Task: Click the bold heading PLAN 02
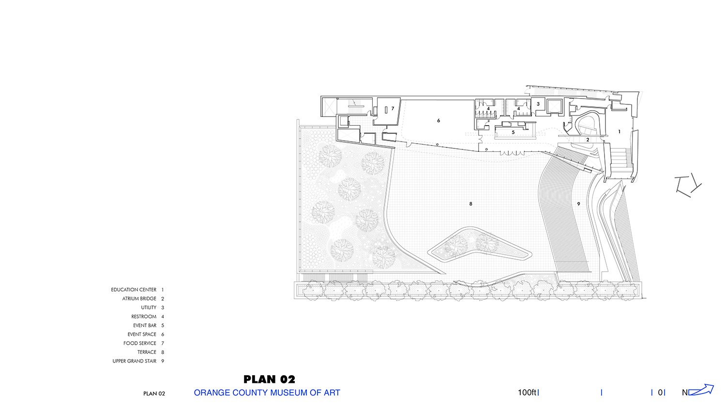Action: coord(269,379)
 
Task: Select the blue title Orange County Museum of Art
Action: coord(267,393)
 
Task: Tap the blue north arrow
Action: coord(701,390)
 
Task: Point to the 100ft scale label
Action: coord(527,393)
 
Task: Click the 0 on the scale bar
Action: coord(660,393)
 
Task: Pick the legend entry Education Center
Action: coord(134,290)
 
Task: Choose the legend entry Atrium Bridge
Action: coord(139,299)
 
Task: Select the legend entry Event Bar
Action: coord(145,325)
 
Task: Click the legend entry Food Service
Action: coord(140,343)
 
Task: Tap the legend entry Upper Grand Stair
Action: coord(134,361)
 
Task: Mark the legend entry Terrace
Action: coord(147,352)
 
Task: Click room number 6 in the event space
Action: coord(439,120)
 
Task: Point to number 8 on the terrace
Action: coord(470,204)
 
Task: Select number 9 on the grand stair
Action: coord(578,204)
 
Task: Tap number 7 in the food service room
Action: coord(393,108)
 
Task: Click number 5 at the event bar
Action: coord(513,132)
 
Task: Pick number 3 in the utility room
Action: coord(538,104)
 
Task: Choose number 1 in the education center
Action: coord(620,131)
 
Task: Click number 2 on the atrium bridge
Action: coord(588,140)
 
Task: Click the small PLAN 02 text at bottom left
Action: coord(154,394)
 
